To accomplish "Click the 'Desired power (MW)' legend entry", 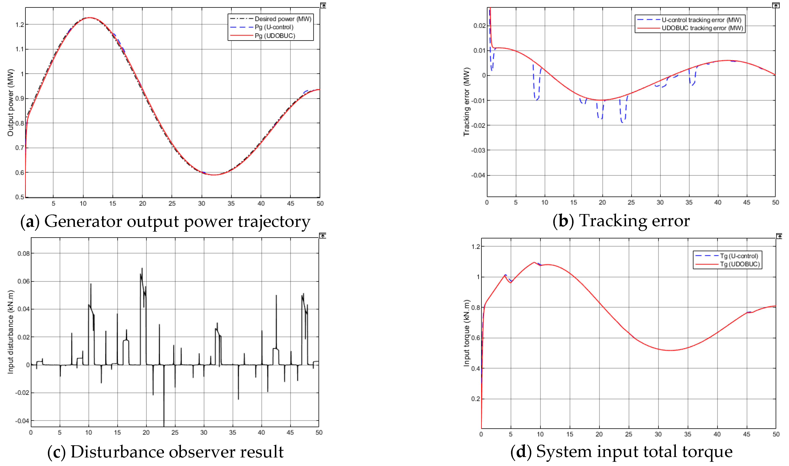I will point(282,19).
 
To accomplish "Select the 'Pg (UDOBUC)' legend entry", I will point(275,36).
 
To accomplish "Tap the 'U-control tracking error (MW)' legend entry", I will point(701,20).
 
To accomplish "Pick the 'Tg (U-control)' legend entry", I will point(739,256).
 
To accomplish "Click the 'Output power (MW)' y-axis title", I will point(10,103).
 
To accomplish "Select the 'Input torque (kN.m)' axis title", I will point(466,333).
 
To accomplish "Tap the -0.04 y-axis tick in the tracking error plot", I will point(478,175).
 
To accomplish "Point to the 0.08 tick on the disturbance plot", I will point(24,253).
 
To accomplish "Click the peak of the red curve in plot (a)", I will point(90,18).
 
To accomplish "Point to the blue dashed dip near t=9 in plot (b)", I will point(537,99).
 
